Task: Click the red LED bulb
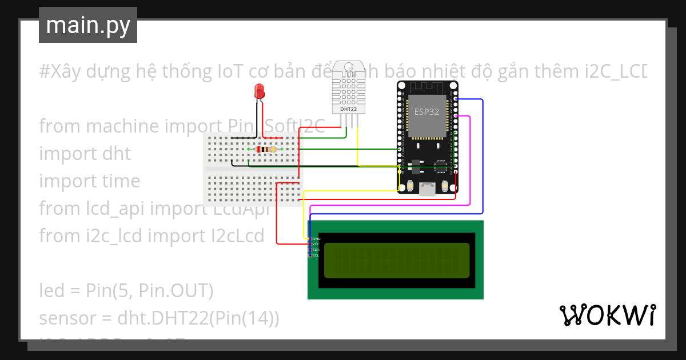(259, 90)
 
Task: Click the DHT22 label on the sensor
(348, 109)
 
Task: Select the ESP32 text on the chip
(426, 112)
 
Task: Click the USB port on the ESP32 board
(426, 189)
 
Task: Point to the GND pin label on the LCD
(316, 238)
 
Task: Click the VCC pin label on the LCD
(316, 244)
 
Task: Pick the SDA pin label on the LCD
(316, 250)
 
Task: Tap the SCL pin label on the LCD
(316, 255)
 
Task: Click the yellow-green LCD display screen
(397, 261)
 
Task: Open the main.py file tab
(88, 25)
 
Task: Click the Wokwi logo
(607, 315)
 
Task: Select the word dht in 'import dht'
(116, 154)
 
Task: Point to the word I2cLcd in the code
(237, 235)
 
